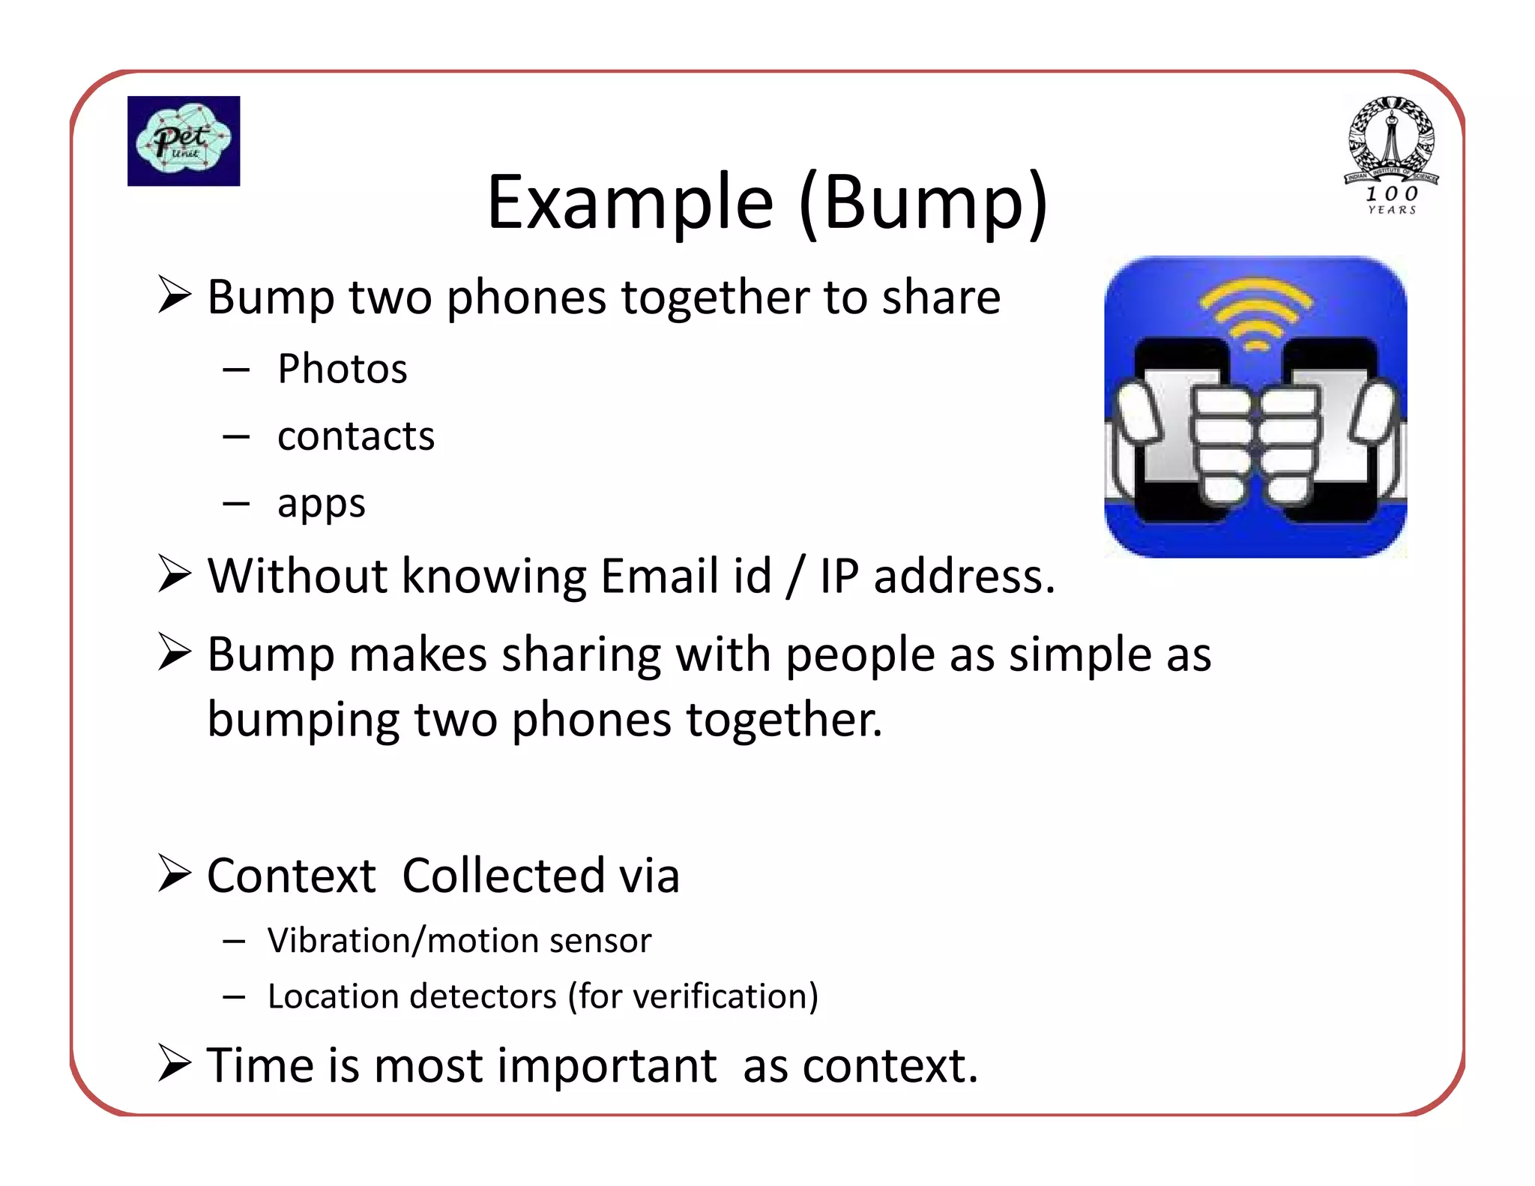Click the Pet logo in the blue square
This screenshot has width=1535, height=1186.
click(183, 140)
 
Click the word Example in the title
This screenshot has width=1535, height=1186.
click(630, 202)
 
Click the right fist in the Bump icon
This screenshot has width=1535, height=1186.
click(1291, 442)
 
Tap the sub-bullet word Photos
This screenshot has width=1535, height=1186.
click(342, 369)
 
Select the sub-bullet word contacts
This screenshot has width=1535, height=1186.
click(355, 436)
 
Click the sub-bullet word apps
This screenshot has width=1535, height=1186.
click(321, 504)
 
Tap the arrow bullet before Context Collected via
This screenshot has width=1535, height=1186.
click(175, 874)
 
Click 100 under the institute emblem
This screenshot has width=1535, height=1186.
click(1391, 194)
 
